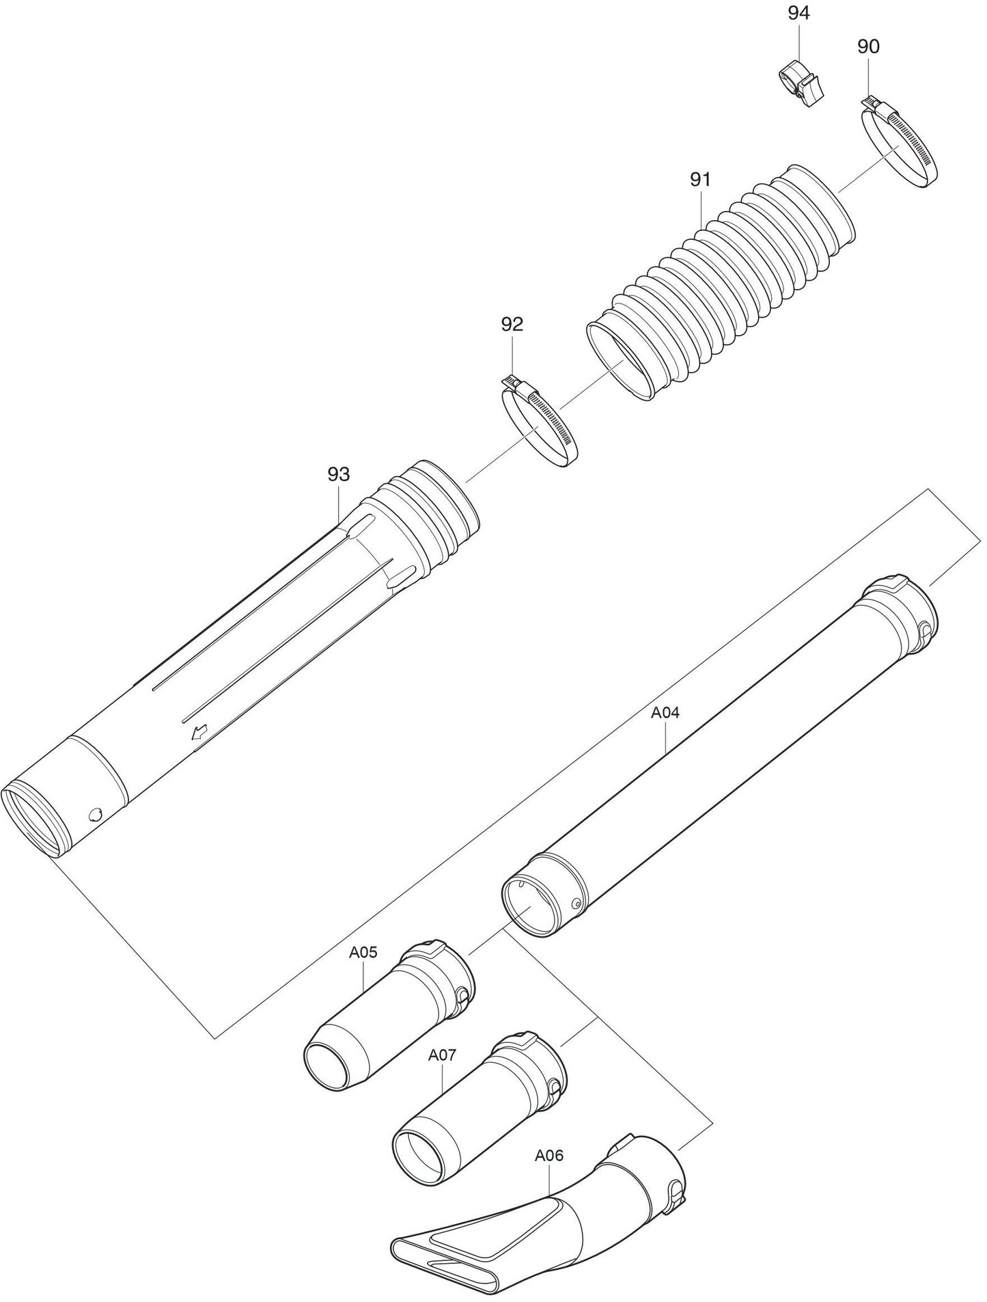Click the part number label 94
tap(798, 13)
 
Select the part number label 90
tap(868, 47)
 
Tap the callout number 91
tap(701, 180)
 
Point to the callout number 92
tap(512, 324)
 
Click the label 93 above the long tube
tap(339, 474)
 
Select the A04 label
tap(665, 713)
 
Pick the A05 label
tap(363, 953)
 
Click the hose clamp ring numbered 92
tap(540, 428)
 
